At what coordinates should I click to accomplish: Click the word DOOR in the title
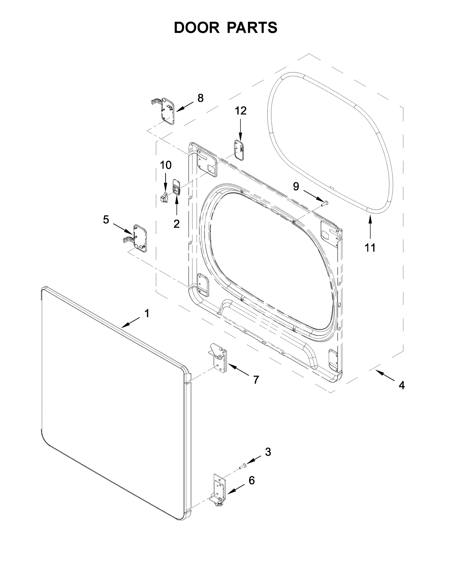click(x=196, y=28)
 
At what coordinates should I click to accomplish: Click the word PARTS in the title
click(x=252, y=28)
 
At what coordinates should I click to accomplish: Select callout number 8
click(x=200, y=98)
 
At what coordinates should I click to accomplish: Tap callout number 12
click(x=240, y=111)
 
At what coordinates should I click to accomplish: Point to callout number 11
click(x=370, y=248)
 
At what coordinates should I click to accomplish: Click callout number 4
click(x=401, y=385)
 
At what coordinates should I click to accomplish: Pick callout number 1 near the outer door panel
click(x=147, y=313)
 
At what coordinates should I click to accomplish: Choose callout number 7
click(x=256, y=380)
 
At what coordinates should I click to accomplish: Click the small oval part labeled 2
click(x=176, y=187)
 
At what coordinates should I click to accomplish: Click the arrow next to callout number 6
click(x=235, y=489)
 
